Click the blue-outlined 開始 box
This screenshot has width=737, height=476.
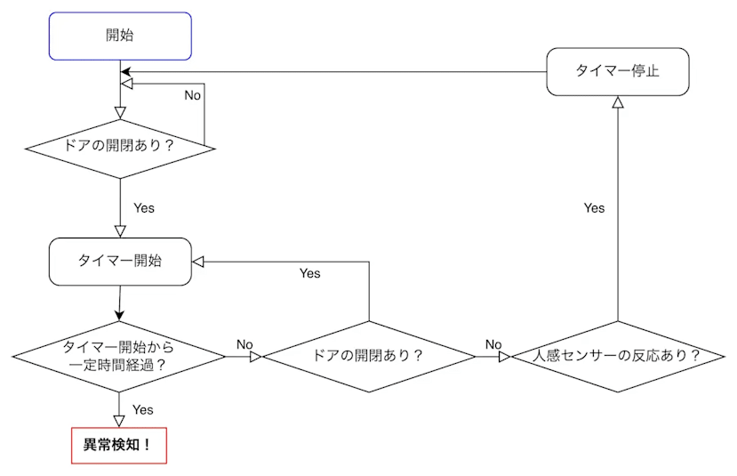pyautogui.click(x=120, y=36)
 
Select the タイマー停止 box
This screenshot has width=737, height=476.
pyautogui.click(x=617, y=71)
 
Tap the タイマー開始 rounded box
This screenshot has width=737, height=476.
pyautogui.click(x=120, y=262)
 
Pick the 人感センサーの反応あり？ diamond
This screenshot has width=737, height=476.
pyautogui.click(x=617, y=356)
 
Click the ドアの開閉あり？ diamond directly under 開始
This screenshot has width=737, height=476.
pyautogui.click(x=120, y=143)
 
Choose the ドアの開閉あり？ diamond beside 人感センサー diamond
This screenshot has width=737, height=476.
pyautogui.click(x=369, y=356)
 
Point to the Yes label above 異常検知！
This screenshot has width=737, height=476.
pyautogui.click(x=142, y=409)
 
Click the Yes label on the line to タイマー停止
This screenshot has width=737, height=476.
pyautogui.click(x=594, y=207)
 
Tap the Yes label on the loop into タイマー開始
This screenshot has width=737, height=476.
pyautogui.click(x=309, y=273)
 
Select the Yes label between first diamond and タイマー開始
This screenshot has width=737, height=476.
pyautogui.click(x=143, y=207)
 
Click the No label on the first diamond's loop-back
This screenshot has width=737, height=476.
pyautogui.click(x=192, y=94)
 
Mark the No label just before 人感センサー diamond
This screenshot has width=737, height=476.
pyautogui.click(x=493, y=344)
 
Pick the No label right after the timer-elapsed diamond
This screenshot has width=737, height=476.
pyautogui.click(x=244, y=344)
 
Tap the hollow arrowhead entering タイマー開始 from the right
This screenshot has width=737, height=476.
pyautogui.click(x=199, y=262)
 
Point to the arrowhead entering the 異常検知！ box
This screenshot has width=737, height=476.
pyautogui.click(x=119, y=421)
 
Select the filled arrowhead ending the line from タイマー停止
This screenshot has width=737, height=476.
pyautogui.click(x=126, y=71)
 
